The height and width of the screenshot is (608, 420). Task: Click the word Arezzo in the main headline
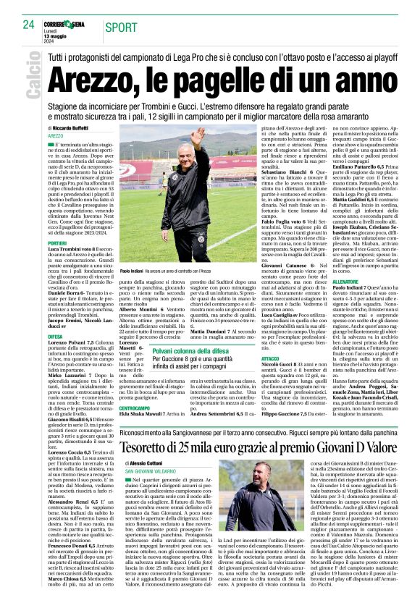coord(96,73)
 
